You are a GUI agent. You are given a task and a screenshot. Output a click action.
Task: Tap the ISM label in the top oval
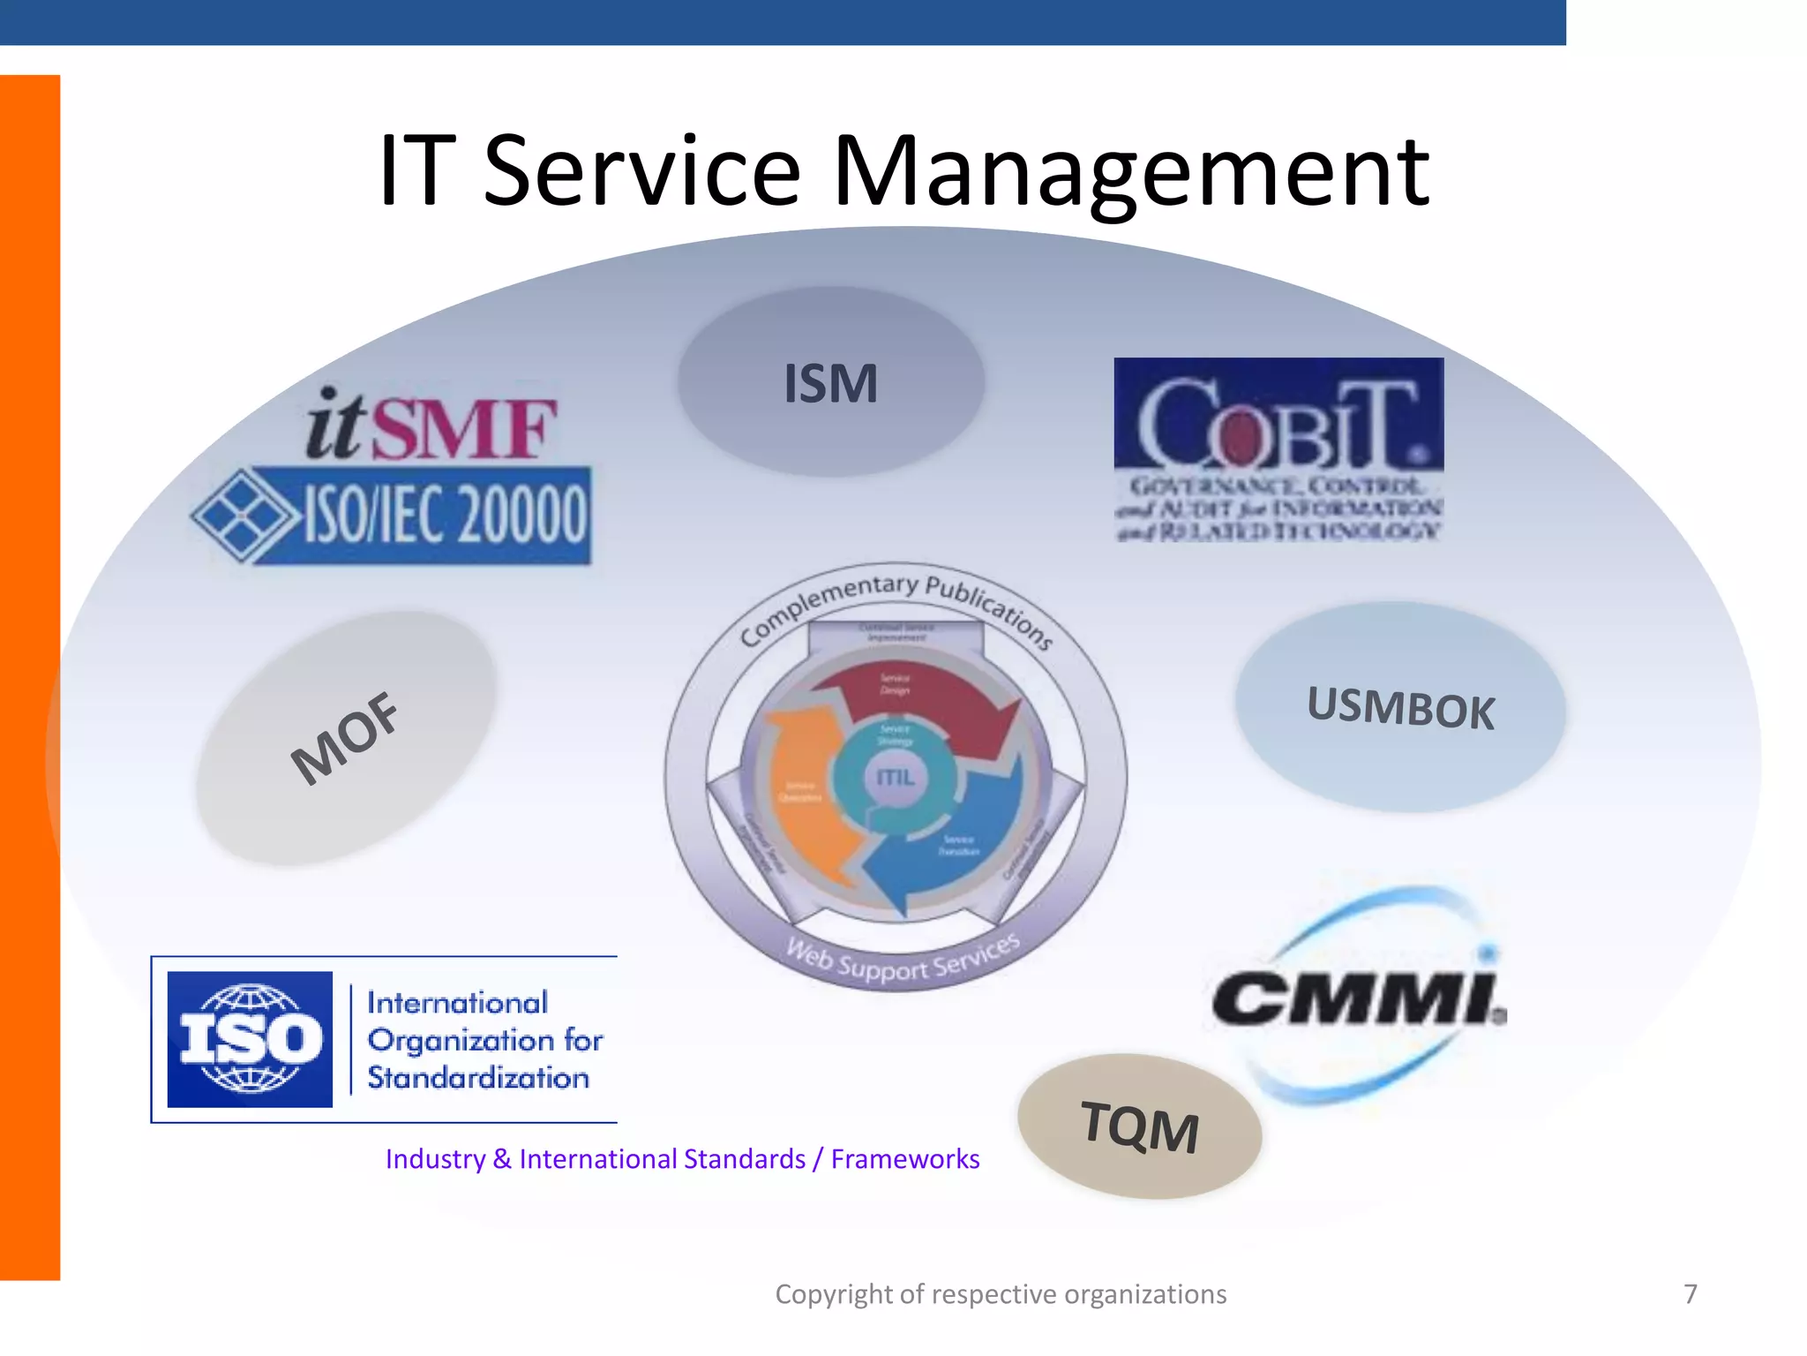pyautogui.click(x=831, y=384)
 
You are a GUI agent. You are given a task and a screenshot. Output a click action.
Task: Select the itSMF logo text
pyautogui.click(x=431, y=426)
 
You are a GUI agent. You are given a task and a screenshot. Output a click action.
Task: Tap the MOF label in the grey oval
pyautogui.click(x=345, y=738)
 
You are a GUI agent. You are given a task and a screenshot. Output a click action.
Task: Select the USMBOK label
pyautogui.click(x=1400, y=708)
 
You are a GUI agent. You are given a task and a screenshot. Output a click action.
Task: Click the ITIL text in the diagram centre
pyautogui.click(x=895, y=777)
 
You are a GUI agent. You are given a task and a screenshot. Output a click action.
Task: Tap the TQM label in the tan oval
pyautogui.click(x=1139, y=1127)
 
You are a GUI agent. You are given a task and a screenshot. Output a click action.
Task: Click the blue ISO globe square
pyautogui.click(x=250, y=1039)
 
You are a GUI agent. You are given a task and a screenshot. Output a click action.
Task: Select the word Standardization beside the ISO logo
pyautogui.click(x=477, y=1078)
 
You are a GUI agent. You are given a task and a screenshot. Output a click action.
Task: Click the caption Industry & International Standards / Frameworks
pyautogui.click(x=682, y=1158)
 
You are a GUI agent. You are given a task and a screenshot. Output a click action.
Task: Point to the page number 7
pyautogui.click(x=1690, y=1294)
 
